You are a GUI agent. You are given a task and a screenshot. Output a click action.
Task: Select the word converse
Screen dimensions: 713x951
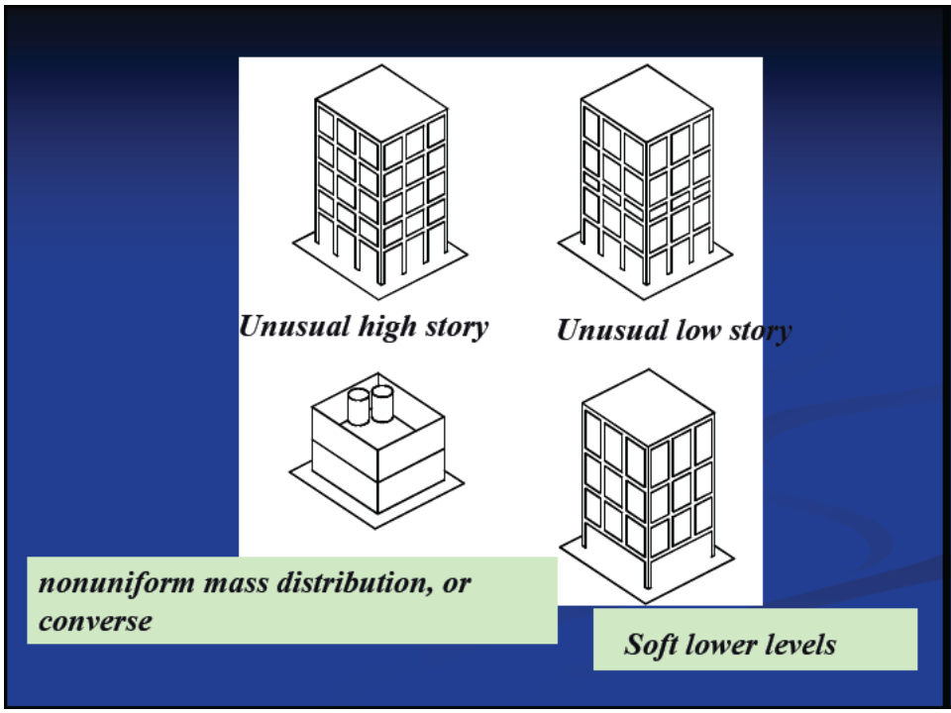tap(95, 621)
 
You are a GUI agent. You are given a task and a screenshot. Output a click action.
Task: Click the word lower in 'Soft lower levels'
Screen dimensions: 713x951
tap(723, 646)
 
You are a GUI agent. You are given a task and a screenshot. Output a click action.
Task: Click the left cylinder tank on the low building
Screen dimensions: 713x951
tap(359, 406)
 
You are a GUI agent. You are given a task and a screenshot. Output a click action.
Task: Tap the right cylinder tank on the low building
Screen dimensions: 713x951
tap(381, 401)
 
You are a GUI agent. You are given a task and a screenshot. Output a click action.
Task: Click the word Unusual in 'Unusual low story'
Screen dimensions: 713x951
tap(611, 330)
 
